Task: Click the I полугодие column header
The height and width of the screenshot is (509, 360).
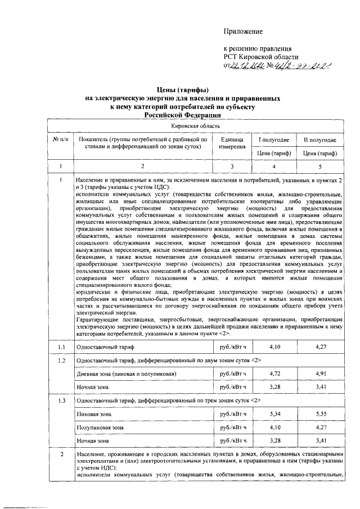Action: [273, 139]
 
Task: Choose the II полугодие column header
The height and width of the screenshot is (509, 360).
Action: [319, 139]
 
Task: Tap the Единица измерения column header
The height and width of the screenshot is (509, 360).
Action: [232, 143]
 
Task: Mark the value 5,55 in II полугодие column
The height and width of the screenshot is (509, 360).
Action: [319, 414]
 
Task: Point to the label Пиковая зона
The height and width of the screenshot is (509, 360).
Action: [94, 414]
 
